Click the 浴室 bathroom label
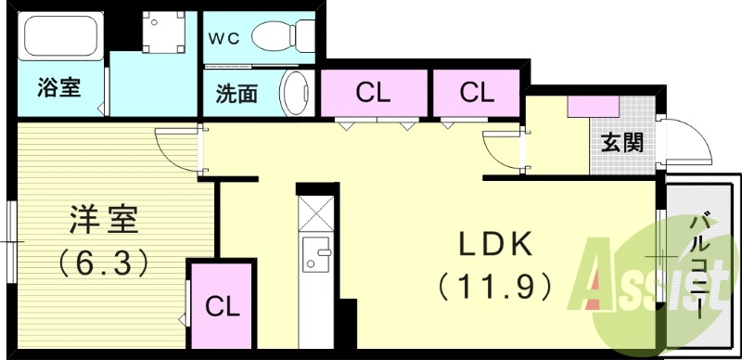pos(58,89)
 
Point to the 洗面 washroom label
pos(237,95)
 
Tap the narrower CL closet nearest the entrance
pos(476,94)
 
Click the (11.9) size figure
pos(496,284)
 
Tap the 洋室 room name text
pos(103,222)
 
